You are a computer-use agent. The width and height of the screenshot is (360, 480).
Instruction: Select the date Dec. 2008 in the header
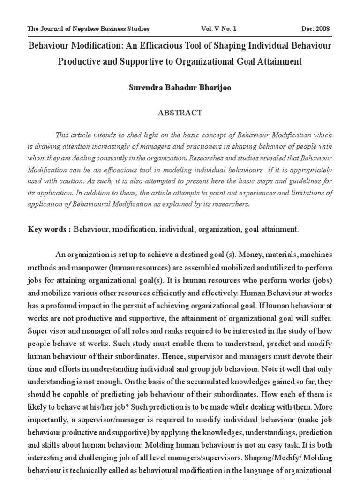[x=315, y=29]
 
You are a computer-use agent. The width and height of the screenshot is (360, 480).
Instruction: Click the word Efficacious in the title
[x=165, y=46]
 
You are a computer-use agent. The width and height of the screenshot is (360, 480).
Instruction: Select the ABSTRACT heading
[x=180, y=113]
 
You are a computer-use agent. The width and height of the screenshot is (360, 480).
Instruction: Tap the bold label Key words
[x=49, y=229]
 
